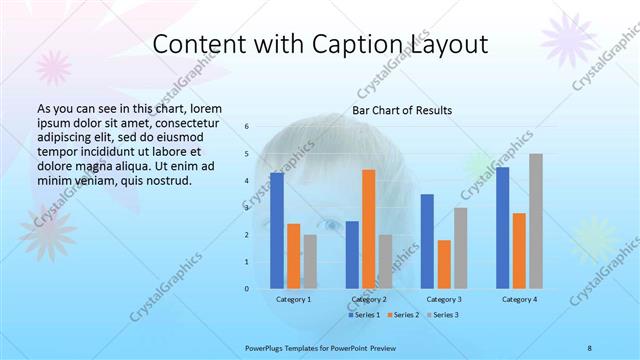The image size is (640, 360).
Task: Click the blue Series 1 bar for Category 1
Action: tap(277, 231)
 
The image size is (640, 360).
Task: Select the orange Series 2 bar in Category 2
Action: tap(369, 229)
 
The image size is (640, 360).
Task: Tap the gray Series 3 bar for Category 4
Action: tap(536, 221)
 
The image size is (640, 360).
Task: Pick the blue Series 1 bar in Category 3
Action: tap(427, 241)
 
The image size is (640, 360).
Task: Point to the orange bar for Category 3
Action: tap(444, 264)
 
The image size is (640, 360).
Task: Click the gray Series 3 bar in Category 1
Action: tap(310, 262)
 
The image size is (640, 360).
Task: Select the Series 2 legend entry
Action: tap(403, 316)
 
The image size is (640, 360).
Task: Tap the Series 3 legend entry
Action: tap(444, 316)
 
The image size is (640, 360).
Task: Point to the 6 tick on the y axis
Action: tap(246, 127)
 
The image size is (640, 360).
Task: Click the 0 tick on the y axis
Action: tap(246, 289)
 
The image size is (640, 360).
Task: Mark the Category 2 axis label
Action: tap(369, 299)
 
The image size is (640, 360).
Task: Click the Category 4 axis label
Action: tap(519, 299)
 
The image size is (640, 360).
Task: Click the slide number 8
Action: tap(590, 348)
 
